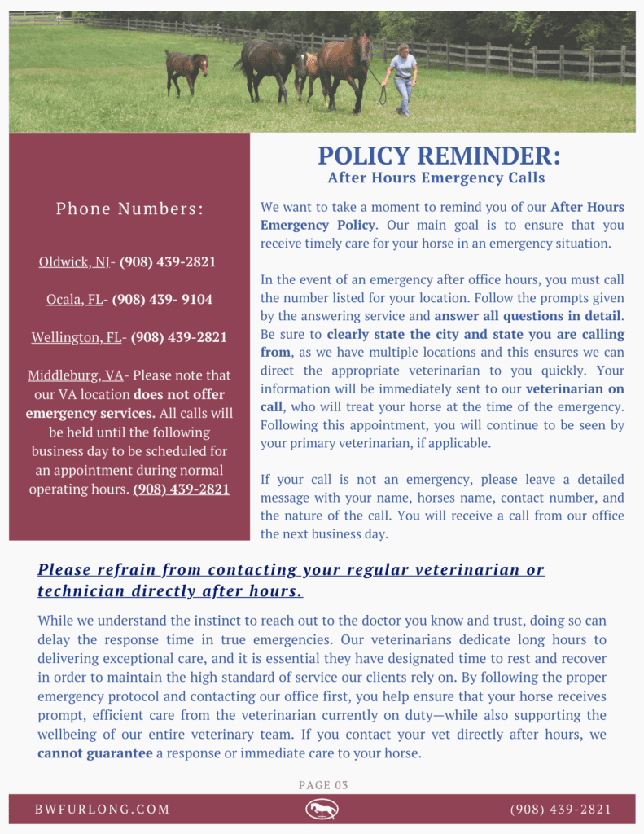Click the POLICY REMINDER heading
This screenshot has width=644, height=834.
(x=439, y=155)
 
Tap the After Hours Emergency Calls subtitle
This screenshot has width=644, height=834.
(x=436, y=178)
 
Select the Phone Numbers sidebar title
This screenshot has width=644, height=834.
(x=129, y=209)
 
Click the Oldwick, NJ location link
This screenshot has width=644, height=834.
(x=74, y=262)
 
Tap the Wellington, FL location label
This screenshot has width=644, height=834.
(x=77, y=337)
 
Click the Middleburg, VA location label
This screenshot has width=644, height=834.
(x=76, y=375)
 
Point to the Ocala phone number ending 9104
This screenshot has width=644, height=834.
(x=162, y=300)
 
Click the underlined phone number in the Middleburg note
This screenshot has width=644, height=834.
(x=182, y=489)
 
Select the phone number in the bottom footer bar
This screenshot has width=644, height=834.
(x=560, y=810)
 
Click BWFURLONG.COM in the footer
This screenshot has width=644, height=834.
(x=103, y=810)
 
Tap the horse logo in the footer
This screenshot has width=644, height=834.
(x=322, y=809)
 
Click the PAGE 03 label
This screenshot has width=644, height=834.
(x=323, y=785)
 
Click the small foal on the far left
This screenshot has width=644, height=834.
(x=186, y=70)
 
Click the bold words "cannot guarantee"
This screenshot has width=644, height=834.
(x=94, y=753)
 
